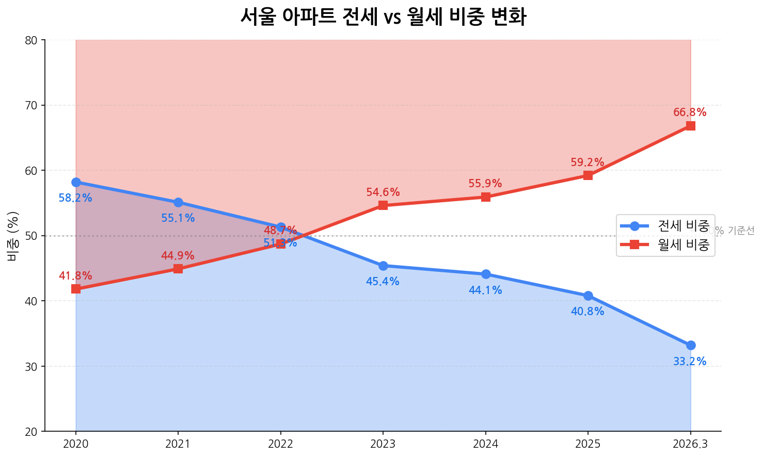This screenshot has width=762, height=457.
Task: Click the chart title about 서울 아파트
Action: pos(383,17)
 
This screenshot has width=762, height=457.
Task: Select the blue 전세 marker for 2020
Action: pos(76,182)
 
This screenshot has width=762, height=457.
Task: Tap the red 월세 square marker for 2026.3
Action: pos(690,126)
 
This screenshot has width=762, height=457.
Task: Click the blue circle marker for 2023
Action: pos(383,266)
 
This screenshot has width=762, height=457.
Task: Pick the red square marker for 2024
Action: pos(485,197)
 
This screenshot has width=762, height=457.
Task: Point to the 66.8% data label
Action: pos(690,112)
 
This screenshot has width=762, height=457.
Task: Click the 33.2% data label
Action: pos(690,362)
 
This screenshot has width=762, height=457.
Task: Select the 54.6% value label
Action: pos(383,192)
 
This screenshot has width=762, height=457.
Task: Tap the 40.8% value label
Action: pos(588,312)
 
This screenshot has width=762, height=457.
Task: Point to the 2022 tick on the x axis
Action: pos(281,444)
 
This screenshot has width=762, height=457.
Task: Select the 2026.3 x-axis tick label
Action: pos(691,444)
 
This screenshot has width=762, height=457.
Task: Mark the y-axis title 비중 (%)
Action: pos(13,236)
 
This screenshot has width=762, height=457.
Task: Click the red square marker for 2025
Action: pos(588,175)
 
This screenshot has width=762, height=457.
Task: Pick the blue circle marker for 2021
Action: pos(178,202)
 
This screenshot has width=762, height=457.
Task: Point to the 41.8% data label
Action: pos(75,276)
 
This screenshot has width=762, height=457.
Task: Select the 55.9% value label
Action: pos(485,184)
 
